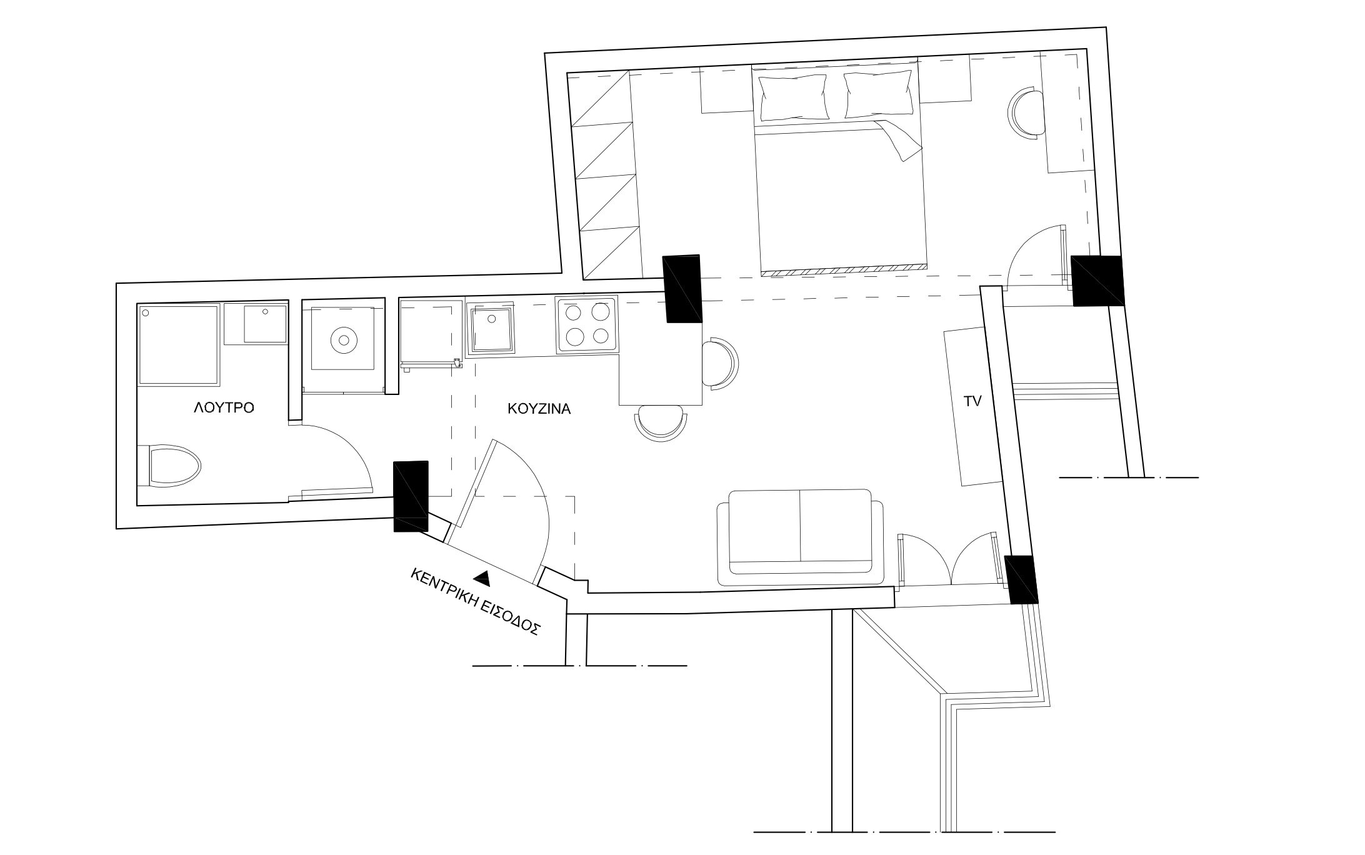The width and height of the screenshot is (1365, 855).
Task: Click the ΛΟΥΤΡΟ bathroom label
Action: coord(224,408)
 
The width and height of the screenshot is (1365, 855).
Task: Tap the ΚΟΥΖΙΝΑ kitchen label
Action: coord(539,409)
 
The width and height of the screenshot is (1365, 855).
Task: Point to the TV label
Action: coord(972,402)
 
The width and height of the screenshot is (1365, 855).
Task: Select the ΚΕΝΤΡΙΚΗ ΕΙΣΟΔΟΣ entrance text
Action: coord(475,602)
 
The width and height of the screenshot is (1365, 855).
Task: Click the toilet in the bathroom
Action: coord(169,466)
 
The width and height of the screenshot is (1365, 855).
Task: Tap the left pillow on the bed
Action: coord(792,97)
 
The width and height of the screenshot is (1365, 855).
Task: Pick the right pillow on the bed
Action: coord(877,94)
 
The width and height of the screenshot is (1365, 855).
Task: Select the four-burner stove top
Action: coord(587,326)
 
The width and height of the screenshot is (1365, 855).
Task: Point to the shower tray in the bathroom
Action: coord(179,344)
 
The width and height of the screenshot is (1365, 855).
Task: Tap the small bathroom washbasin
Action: coord(265,324)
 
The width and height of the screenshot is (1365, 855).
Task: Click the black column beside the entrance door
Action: coord(411,497)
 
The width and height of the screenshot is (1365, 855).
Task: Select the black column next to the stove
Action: coord(682,289)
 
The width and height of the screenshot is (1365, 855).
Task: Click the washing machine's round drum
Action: coord(343,341)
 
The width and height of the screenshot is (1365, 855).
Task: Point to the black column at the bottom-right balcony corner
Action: coord(1021,580)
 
